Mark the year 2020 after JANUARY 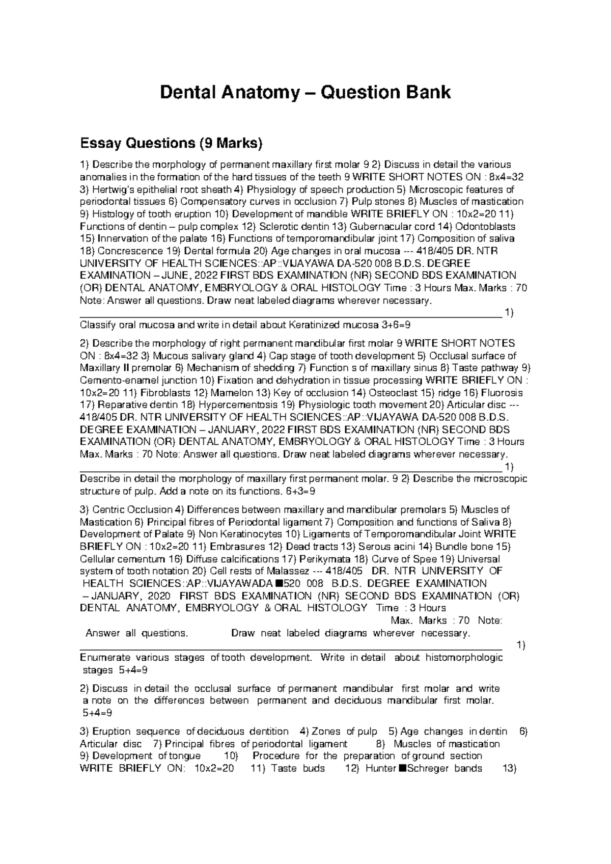pyautogui.click(x=157, y=596)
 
